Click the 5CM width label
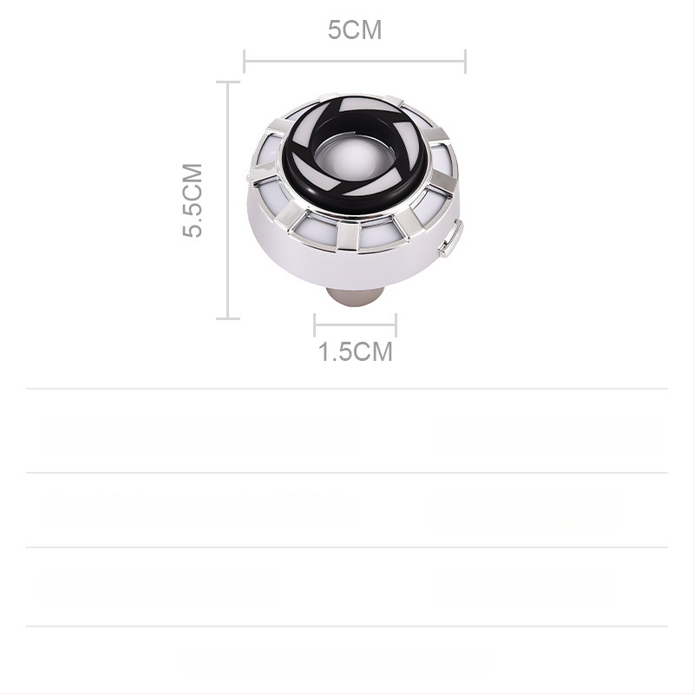(x=354, y=30)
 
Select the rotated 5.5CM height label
(x=192, y=200)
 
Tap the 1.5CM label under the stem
(x=355, y=352)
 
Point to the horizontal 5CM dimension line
(x=354, y=62)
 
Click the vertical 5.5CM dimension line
(x=227, y=200)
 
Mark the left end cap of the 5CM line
(x=245, y=62)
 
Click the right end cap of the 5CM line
(x=466, y=62)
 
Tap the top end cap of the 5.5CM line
(x=227, y=82)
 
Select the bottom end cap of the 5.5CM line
(x=227, y=318)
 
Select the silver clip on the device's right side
(x=451, y=239)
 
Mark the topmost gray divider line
(x=347, y=389)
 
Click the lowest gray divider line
(x=347, y=625)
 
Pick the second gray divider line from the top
(x=347, y=473)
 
